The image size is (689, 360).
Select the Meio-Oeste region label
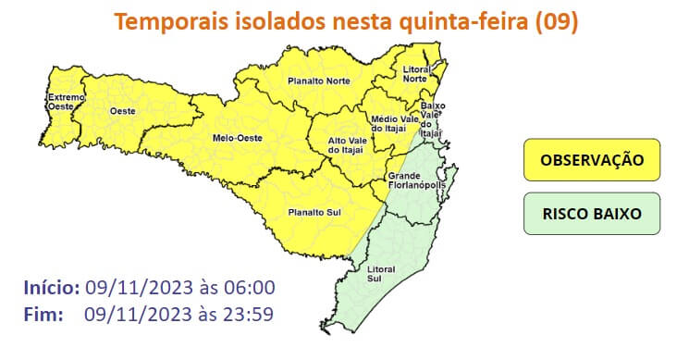(234, 139)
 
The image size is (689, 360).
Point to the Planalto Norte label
(318, 81)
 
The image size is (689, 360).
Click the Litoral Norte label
(419, 75)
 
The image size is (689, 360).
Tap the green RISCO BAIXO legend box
(591, 213)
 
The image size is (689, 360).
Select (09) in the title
(557, 21)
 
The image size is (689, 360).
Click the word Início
(52, 288)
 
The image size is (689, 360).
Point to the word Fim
(43, 314)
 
